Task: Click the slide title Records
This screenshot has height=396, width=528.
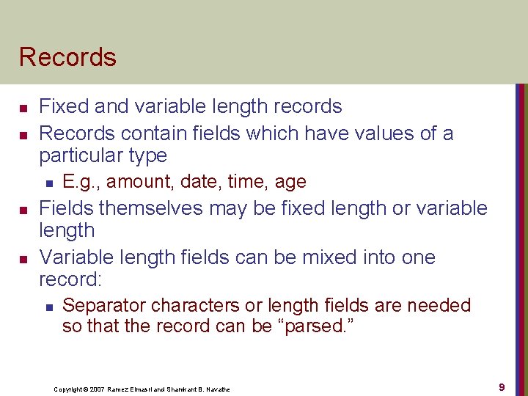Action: pyautogui.click(x=67, y=57)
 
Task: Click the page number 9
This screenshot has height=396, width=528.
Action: pyautogui.click(x=502, y=386)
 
